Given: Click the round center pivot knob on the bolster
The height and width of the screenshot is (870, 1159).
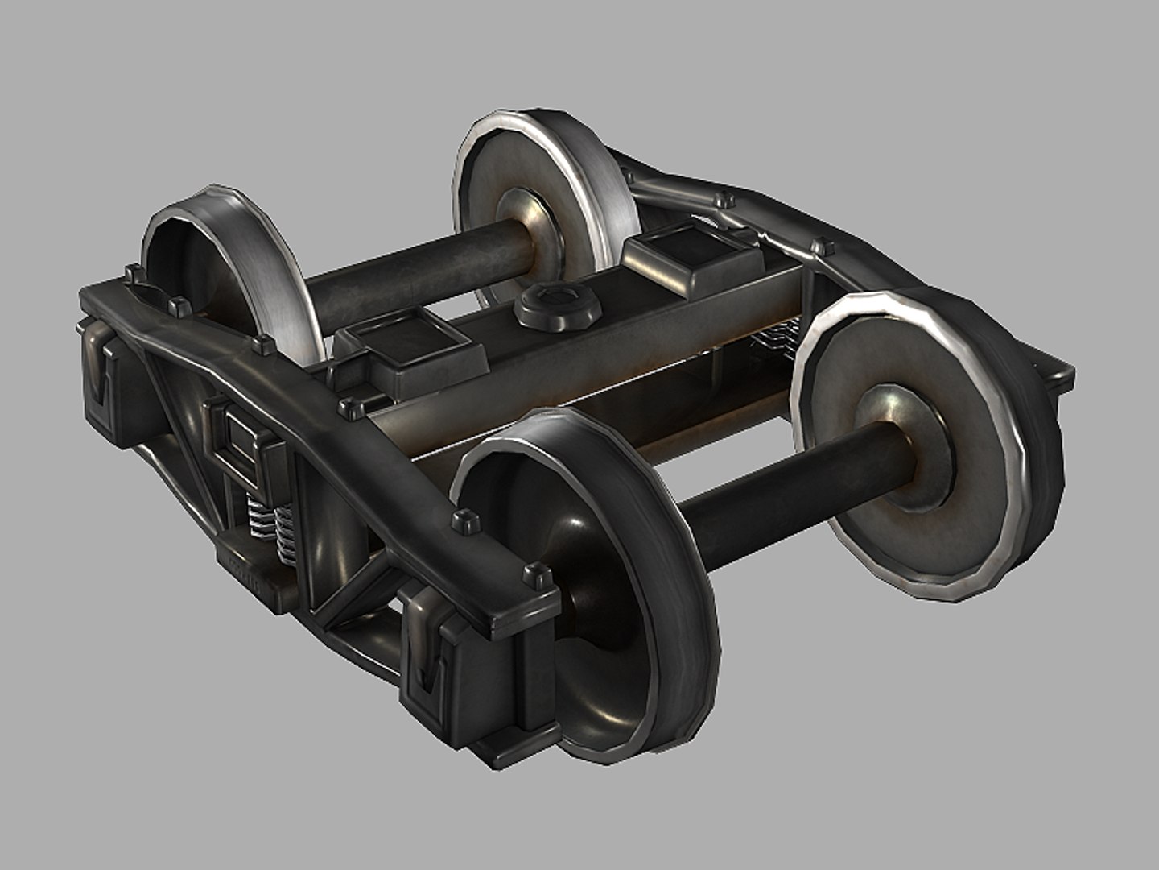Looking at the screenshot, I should click(x=549, y=305).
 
